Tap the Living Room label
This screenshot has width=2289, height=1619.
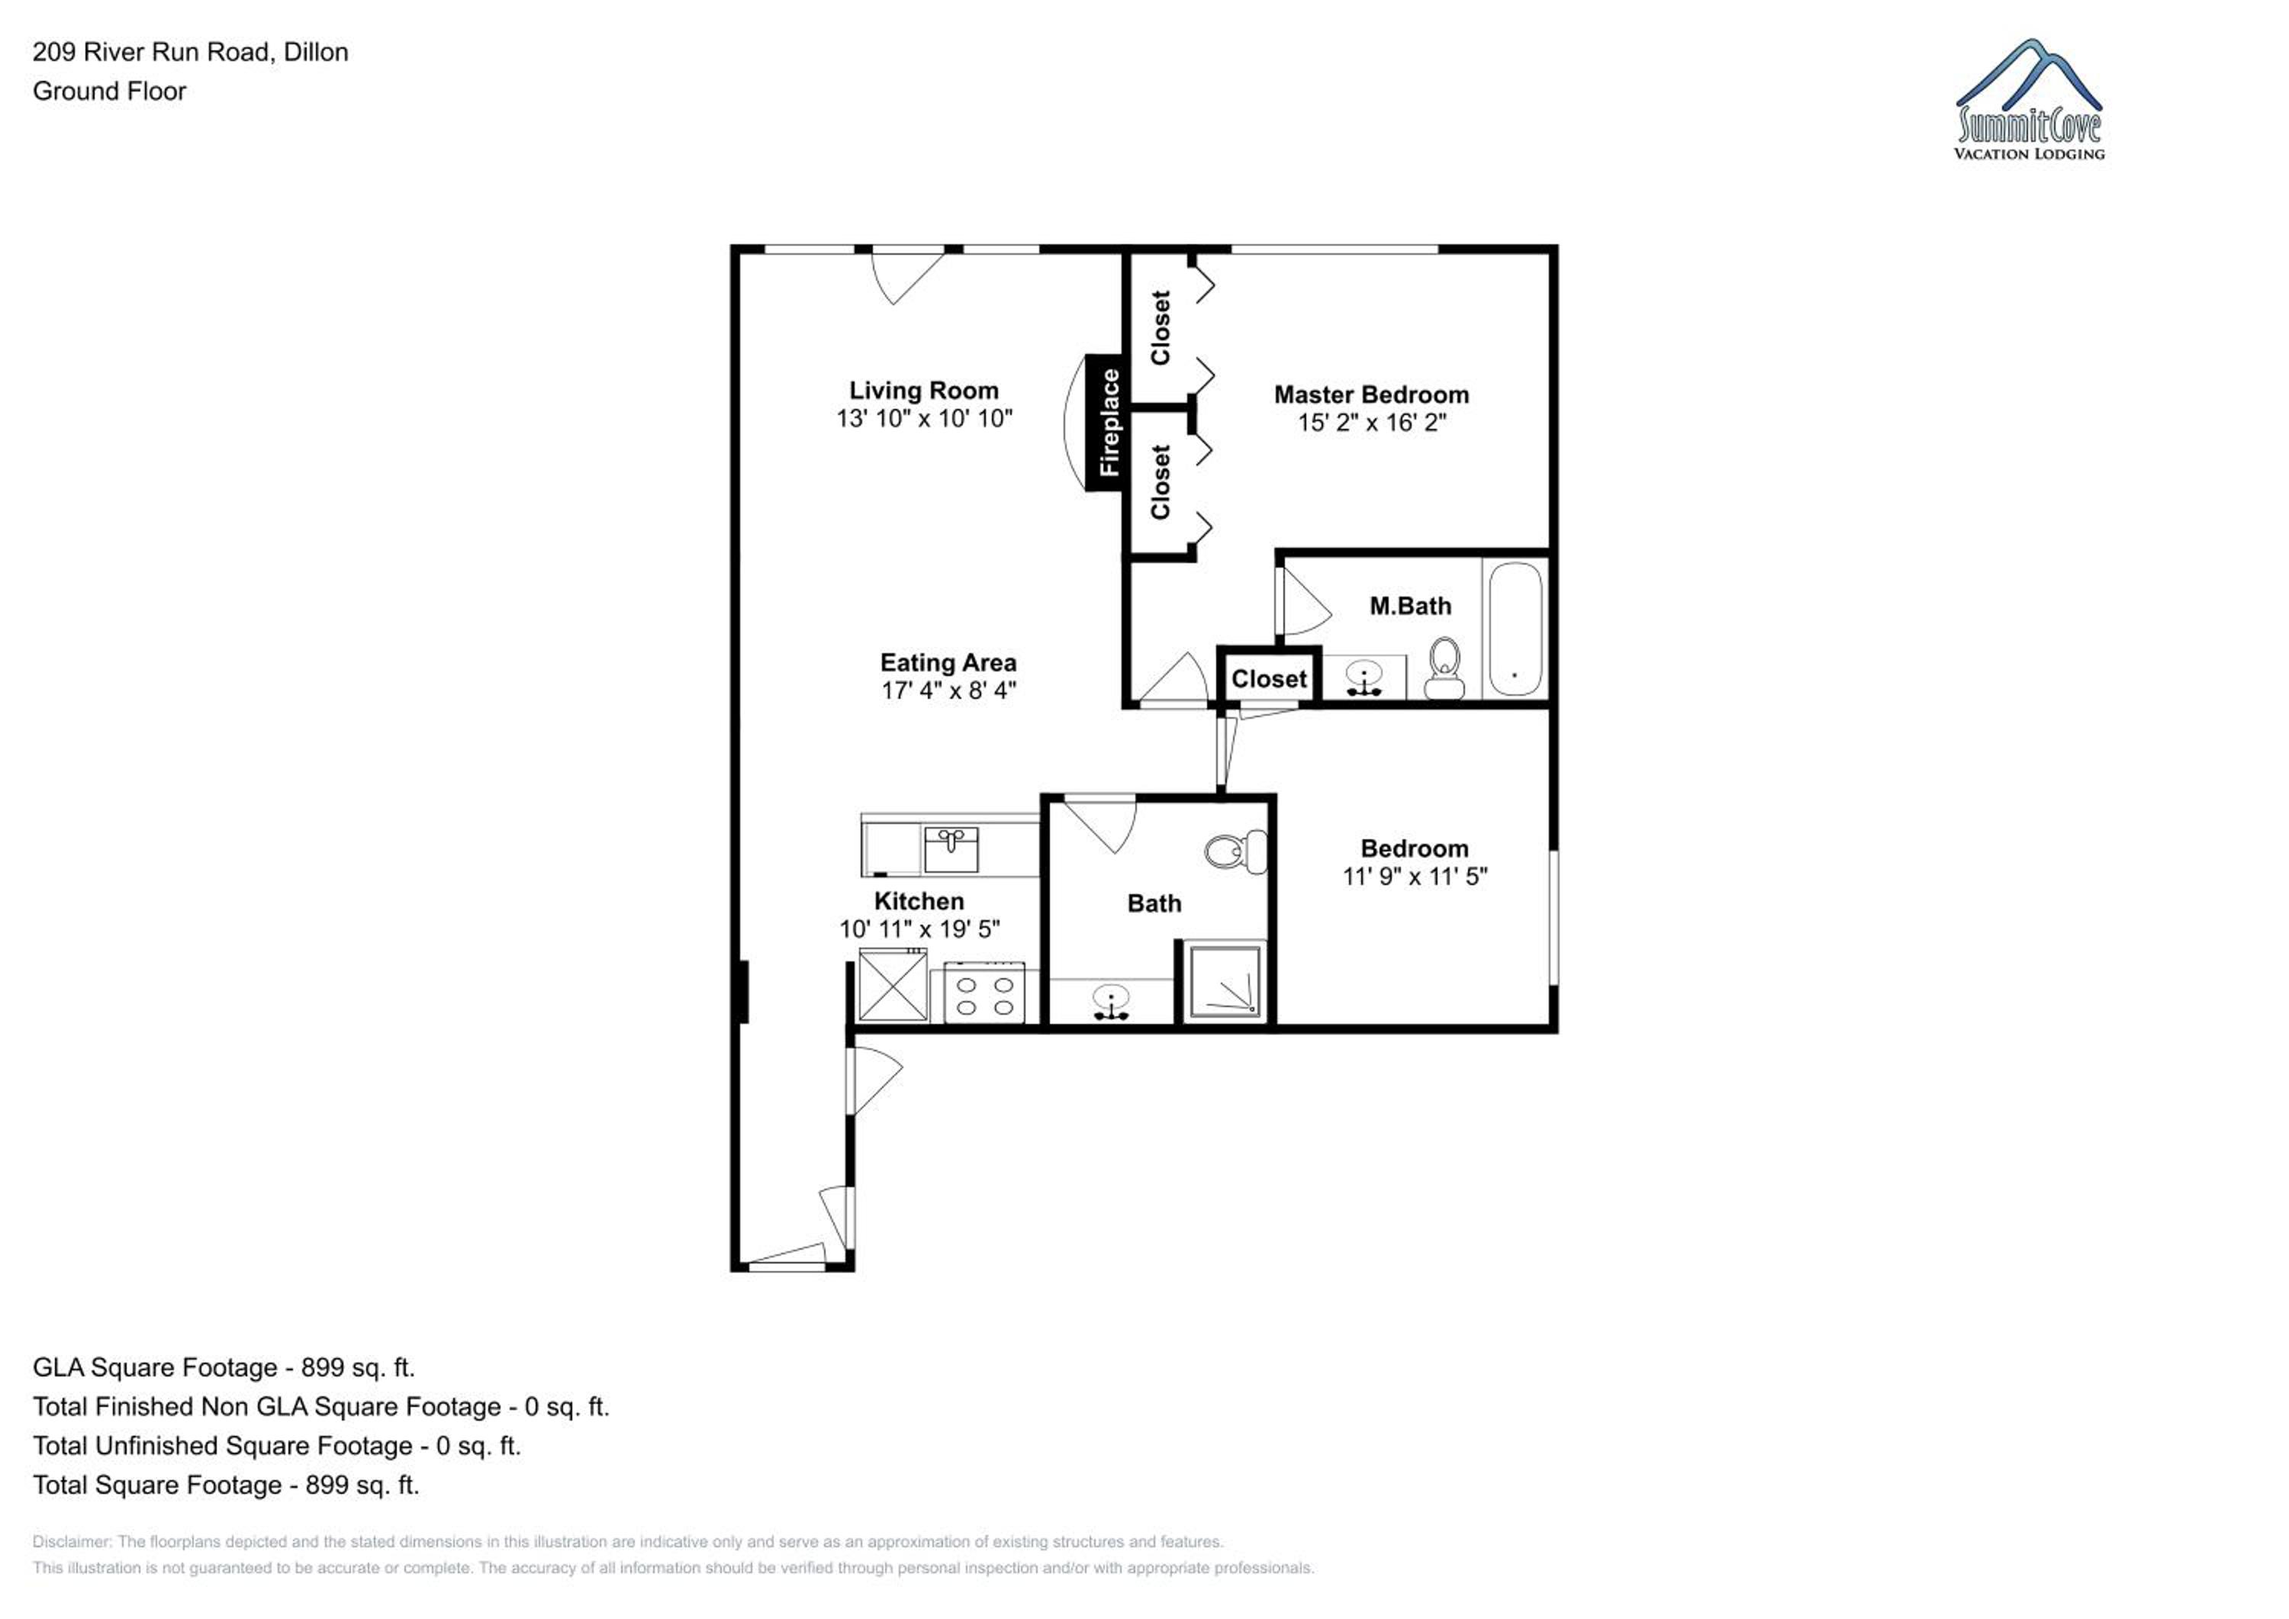pos(923,391)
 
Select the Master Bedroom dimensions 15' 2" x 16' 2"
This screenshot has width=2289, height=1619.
pos(1371,423)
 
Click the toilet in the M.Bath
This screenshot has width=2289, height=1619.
pos(1444,669)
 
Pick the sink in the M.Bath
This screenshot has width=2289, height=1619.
pos(1363,678)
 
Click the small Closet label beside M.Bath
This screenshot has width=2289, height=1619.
pos(1268,679)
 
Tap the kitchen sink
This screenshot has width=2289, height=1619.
pos(951,849)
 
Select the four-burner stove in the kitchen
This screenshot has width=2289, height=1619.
pos(984,993)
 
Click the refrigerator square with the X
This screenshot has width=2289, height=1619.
pos(893,985)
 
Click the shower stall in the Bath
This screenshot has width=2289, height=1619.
pos(1225,983)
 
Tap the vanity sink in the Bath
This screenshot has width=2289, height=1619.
pos(1111,1002)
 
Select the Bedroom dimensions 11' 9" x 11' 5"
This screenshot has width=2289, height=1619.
pos(1415,877)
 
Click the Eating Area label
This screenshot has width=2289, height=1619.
pos(948,663)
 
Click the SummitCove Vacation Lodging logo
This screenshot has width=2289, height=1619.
pos(2030,100)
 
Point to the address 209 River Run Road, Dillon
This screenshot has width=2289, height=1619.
pos(191,52)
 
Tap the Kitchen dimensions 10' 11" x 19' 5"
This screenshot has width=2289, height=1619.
pos(919,929)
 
